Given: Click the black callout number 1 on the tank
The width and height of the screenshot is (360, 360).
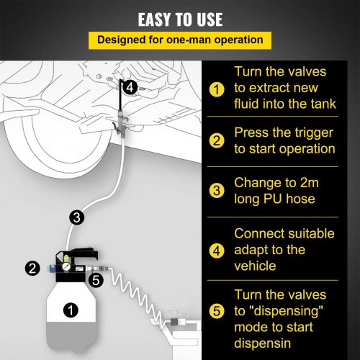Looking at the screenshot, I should [70, 311].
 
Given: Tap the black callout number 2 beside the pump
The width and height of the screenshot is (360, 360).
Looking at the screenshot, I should [32, 268].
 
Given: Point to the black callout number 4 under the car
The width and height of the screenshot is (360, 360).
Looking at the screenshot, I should [129, 87].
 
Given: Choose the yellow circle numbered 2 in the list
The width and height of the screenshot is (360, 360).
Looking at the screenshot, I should [215, 141].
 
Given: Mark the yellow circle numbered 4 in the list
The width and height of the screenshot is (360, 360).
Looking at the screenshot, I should [215, 249].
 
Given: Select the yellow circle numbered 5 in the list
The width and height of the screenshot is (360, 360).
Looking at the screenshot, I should [215, 312].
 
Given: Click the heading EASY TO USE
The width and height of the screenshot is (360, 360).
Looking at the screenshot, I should [180, 19].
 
